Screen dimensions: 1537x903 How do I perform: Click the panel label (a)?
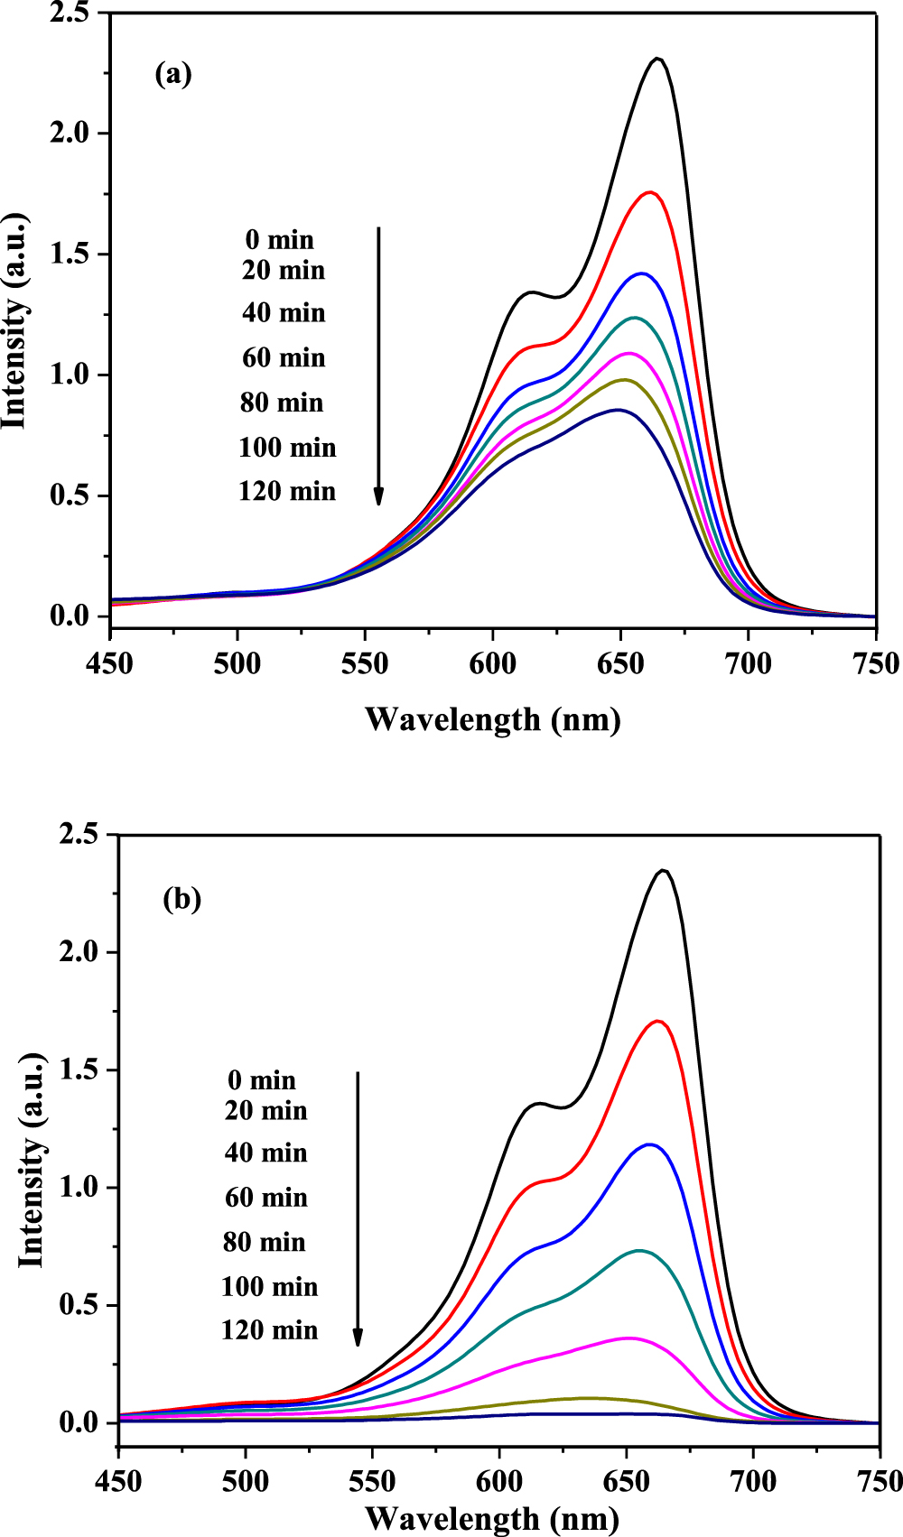click(173, 74)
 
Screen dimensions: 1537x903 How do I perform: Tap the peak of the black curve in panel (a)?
click(658, 59)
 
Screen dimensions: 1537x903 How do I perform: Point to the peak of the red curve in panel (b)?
click(659, 1021)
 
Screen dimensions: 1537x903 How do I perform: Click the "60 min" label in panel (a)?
click(284, 358)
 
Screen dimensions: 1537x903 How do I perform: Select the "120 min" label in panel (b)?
click(269, 1330)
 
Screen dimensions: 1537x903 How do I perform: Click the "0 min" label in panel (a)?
click(280, 240)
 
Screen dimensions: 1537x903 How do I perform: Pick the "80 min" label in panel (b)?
click(265, 1243)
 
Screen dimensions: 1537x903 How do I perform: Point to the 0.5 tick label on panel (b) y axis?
click(78, 1305)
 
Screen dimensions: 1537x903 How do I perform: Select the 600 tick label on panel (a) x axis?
click(493, 665)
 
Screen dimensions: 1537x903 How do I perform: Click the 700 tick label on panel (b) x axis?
click(752, 1482)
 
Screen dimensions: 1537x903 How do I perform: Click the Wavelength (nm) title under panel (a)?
click(493, 719)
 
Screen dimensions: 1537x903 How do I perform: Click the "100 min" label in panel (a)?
click(287, 448)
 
